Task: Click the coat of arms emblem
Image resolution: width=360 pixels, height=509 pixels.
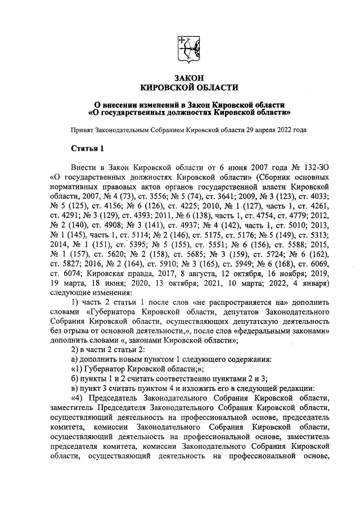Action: (188, 49)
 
